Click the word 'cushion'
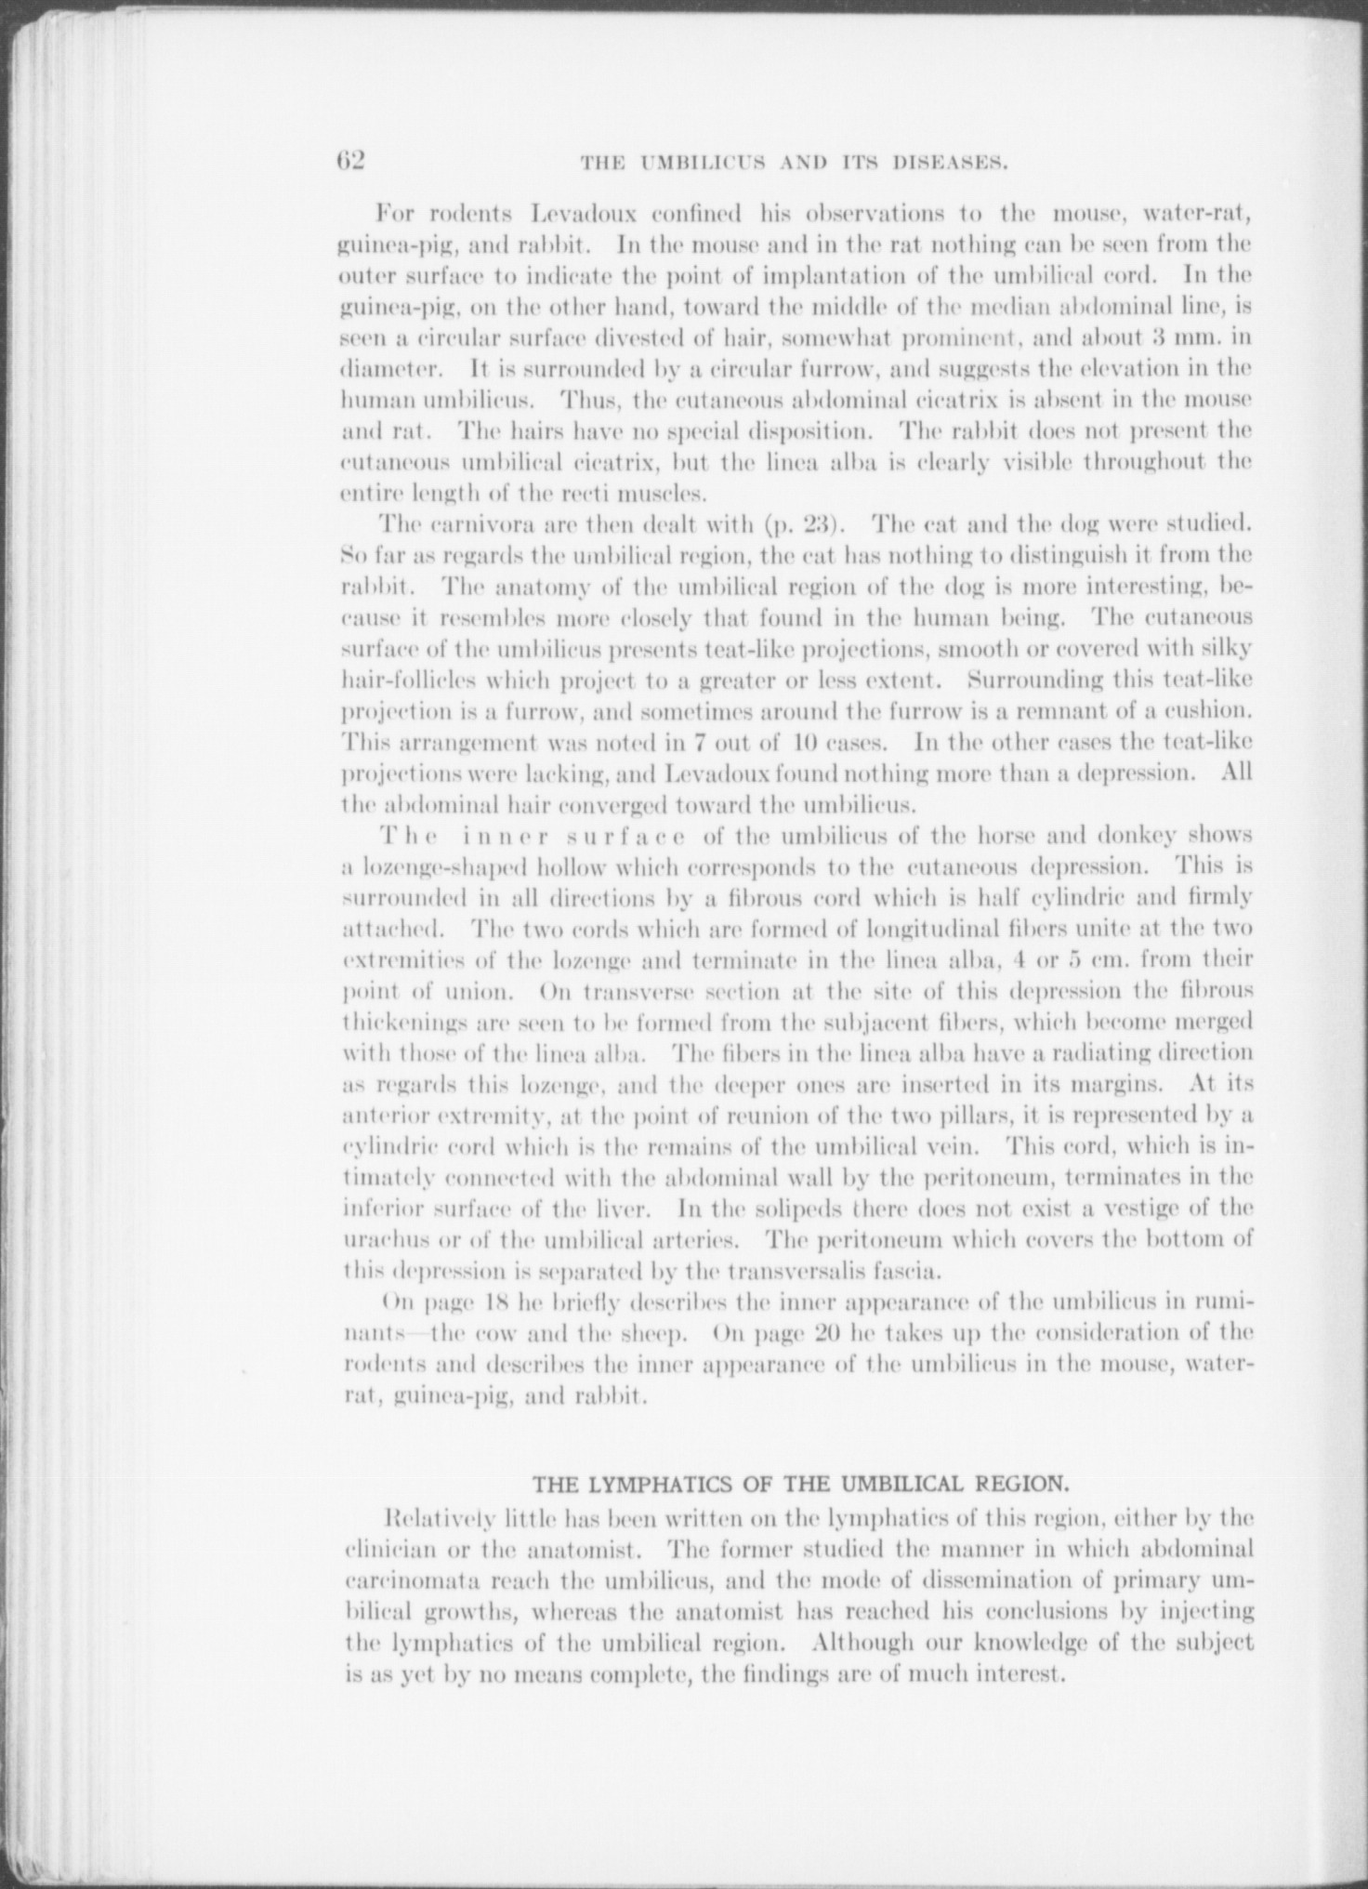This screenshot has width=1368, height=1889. pos(1209,711)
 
